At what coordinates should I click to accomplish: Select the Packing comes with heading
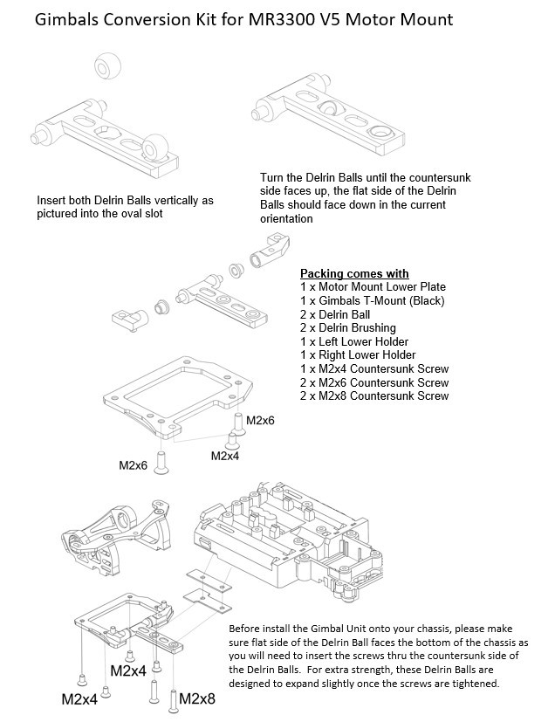[354, 272]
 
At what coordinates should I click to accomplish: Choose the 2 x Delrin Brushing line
[352, 327]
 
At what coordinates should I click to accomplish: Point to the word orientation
[286, 219]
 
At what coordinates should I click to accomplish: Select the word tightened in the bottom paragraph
[472, 684]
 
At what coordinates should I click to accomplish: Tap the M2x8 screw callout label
[197, 698]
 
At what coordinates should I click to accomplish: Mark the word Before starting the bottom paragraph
[246, 629]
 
